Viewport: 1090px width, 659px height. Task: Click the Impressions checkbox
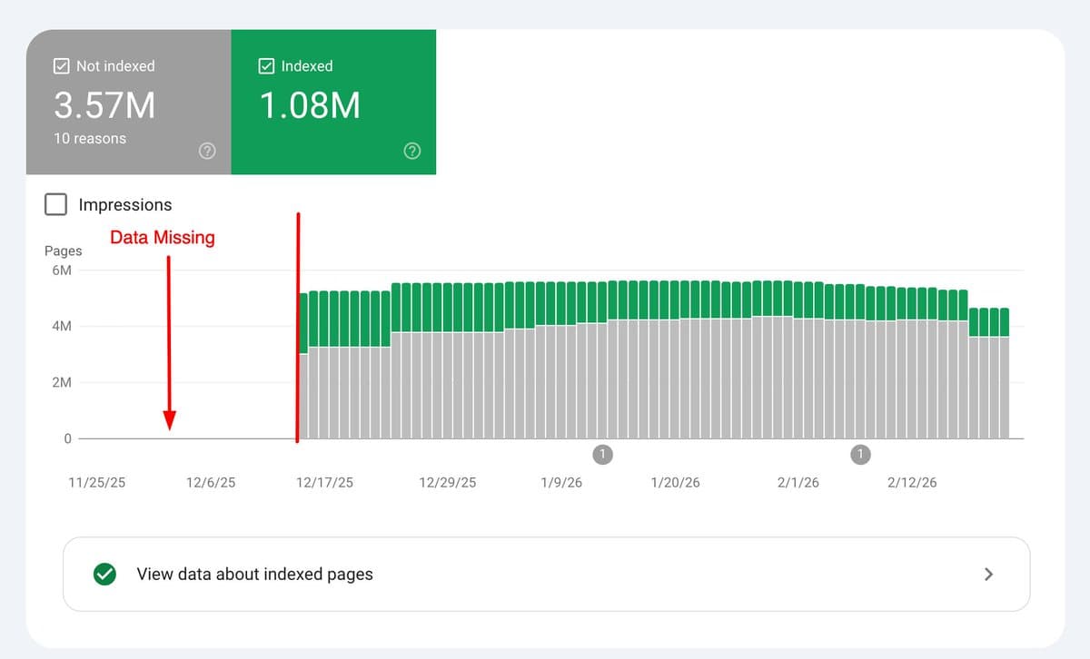pos(56,204)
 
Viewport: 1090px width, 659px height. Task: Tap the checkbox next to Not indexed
pos(62,66)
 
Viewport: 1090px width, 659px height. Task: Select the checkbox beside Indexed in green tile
pos(267,66)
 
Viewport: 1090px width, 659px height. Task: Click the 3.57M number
pos(104,106)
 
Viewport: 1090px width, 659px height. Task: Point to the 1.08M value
pos(310,106)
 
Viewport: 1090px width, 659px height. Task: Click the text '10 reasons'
pos(90,139)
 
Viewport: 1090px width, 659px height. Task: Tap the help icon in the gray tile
pos(207,152)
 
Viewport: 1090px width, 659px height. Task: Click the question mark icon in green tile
pos(412,152)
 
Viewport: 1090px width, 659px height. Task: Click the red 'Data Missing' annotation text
pos(163,238)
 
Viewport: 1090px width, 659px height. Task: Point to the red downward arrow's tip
pos(169,427)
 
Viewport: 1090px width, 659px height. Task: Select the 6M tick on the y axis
pos(62,270)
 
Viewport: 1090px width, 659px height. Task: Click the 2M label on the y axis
pos(62,383)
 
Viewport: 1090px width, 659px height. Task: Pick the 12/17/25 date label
pos(324,483)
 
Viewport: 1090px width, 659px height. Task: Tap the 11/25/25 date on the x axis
pos(97,483)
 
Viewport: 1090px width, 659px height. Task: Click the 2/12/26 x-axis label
pos(912,483)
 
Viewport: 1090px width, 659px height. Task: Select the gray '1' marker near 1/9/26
pos(603,454)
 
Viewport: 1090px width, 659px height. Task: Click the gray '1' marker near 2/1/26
pos(860,454)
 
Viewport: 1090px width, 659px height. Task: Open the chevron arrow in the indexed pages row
pos(989,574)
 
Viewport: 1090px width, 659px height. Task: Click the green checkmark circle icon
pos(105,574)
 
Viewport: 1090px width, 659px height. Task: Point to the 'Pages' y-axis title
pos(64,251)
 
